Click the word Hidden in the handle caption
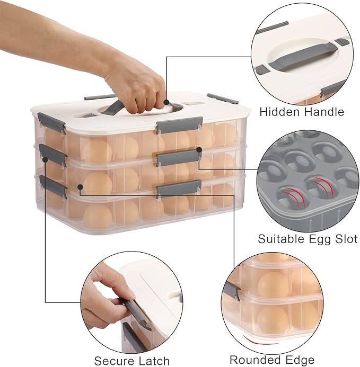[x=276, y=112]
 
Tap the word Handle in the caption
[x=321, y=112]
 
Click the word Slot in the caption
[x=346, y=239]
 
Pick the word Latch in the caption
[x=154, y=361]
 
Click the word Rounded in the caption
[x=254, y=360]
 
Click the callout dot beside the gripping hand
[x=166, y=102]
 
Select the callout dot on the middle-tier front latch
[x=199, y=149]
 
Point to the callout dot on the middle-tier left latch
[x=45, y=159]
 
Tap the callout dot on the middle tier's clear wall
[x=80, y=187]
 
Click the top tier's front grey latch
[x=180, y=125]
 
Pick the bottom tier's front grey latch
[x=179, y=188]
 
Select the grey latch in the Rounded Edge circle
[x=232, y=291]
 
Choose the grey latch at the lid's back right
[x=223, y=99]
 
